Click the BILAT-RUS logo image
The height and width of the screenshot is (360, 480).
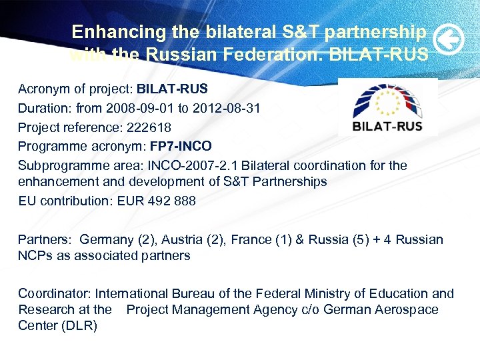387,107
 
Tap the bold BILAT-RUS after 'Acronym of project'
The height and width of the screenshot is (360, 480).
173,89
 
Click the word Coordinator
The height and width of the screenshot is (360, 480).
54,293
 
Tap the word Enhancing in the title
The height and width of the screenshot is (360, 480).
109,32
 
